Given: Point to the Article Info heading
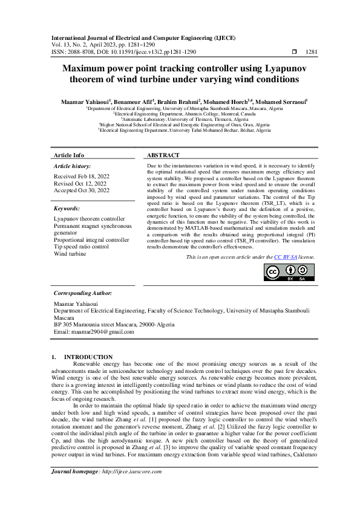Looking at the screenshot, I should click(x=70, y=155).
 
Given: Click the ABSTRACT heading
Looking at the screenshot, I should click(x=163, y=155).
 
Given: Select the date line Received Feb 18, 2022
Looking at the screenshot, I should click(x=82, y=175).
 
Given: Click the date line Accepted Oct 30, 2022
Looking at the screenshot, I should click(x=82, y=190).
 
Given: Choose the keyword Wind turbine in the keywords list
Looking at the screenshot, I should click(x=70, y=254).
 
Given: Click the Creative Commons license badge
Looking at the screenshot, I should click(x=289, y=273).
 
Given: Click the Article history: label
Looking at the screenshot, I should click(x=73, y=165).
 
